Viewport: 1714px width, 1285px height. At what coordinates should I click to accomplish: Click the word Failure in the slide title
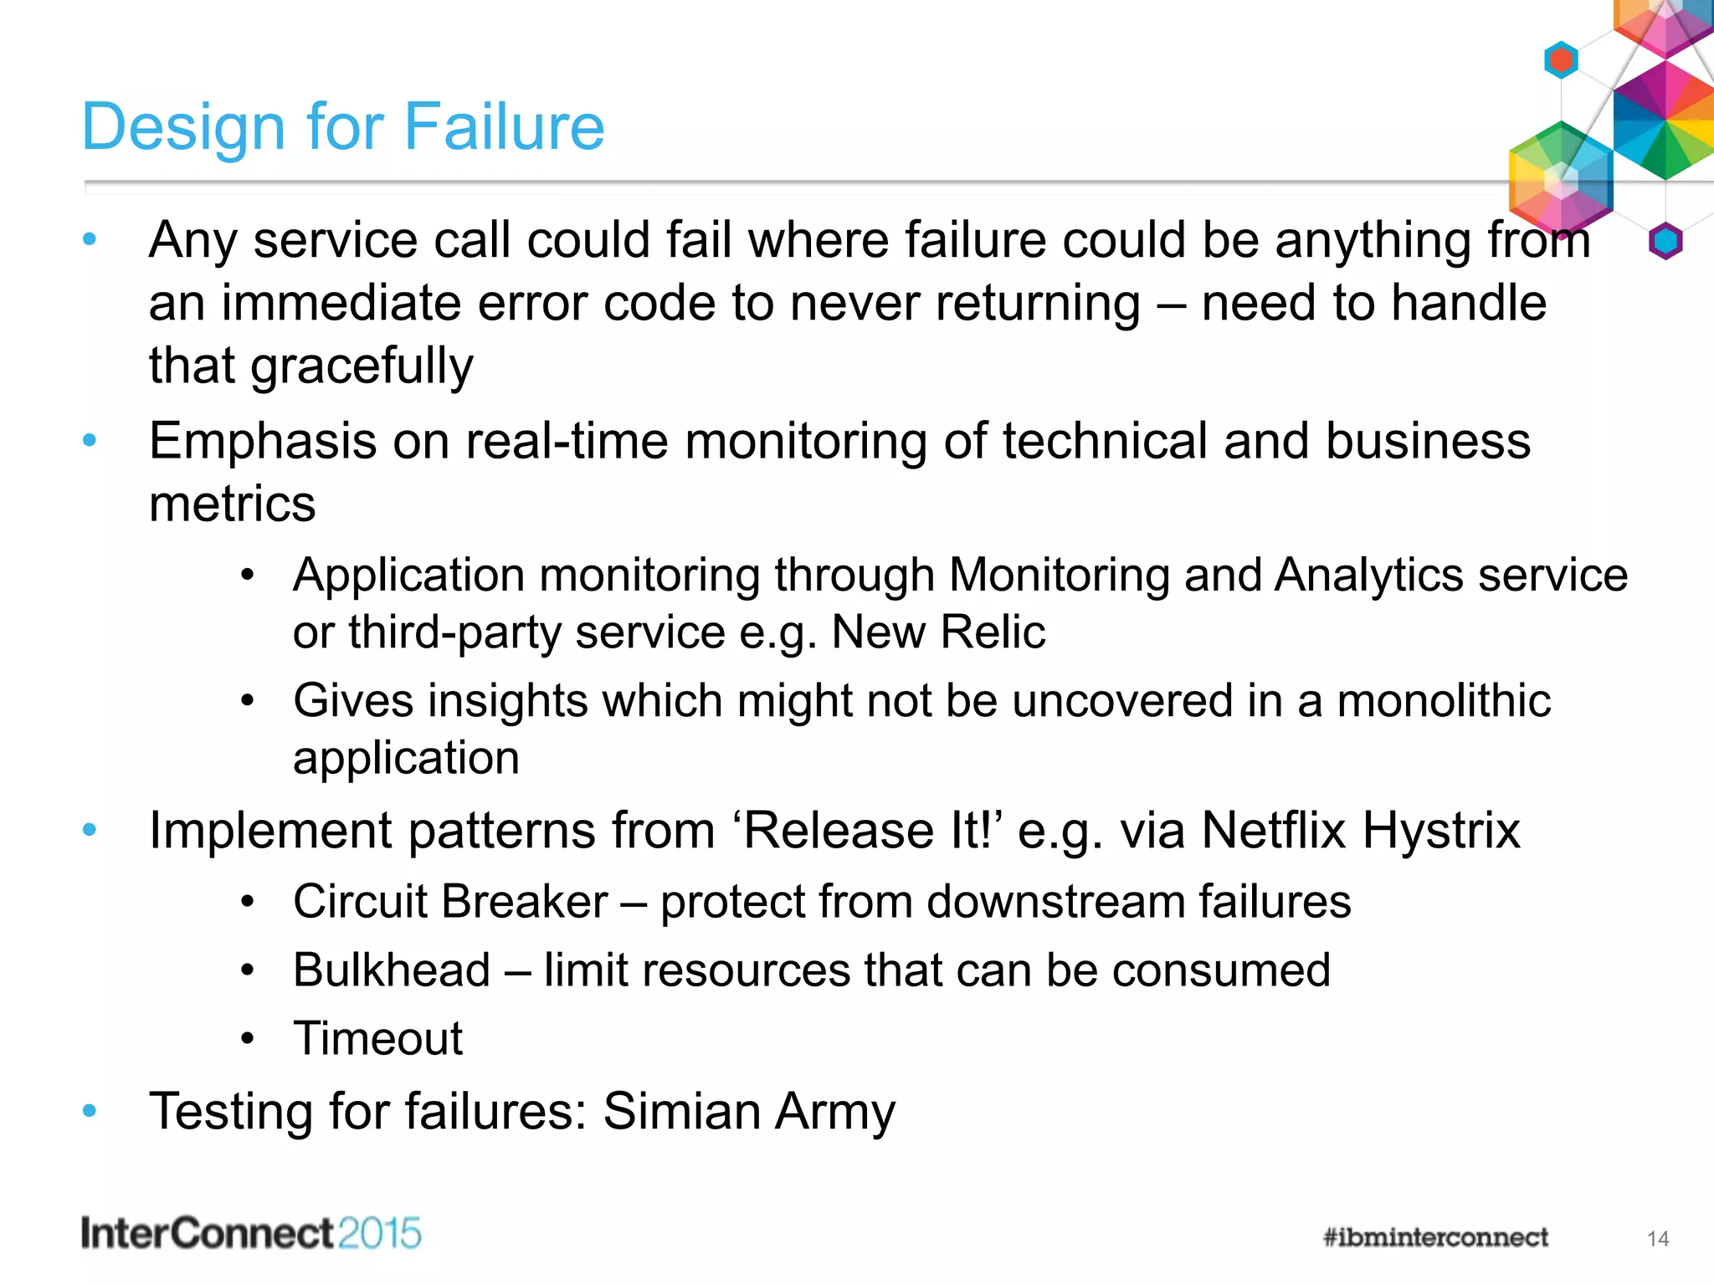click(504, 127)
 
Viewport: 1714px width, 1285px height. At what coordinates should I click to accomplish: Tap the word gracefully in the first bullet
click(362, 366)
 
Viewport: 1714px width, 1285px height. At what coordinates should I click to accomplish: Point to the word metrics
click(232, 504)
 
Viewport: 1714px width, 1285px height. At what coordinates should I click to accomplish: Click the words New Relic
click(938, 632)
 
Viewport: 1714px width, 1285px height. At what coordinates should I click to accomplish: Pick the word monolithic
click(1443, 700)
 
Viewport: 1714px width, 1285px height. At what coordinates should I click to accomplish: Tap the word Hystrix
click(1440, 831)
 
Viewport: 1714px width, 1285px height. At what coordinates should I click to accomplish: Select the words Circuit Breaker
click(450, 902)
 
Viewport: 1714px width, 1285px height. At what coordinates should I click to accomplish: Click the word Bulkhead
click(392, 970)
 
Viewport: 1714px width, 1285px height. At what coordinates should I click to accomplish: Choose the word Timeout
click(377, 1039)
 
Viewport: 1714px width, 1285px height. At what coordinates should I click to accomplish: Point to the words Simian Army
click(749, 1112)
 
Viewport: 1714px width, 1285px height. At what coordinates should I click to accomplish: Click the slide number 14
click(1658, 1239)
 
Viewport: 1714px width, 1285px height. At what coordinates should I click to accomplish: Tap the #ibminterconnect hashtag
click(1435, 1237)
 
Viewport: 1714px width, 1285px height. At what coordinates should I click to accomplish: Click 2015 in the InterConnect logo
click(378, 1234)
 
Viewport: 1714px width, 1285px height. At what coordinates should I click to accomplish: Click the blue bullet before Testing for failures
click(90, 1111)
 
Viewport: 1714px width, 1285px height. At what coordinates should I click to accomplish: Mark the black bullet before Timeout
click(247, 1039)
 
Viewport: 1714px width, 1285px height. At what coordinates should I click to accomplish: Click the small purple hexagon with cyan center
click(1665, 242)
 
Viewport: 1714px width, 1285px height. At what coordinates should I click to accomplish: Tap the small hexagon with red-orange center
click(1561, 60)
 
